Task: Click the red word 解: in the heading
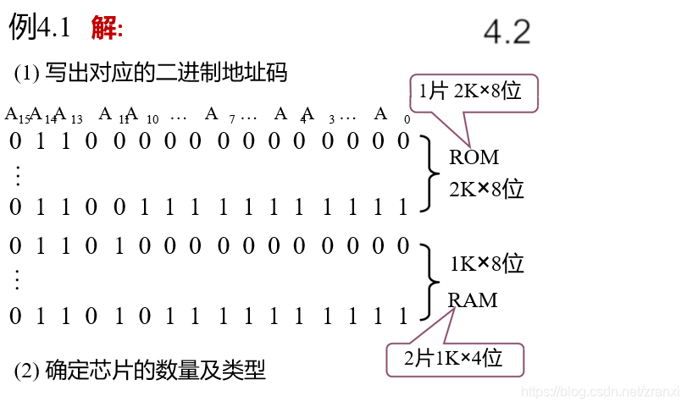(107, 28)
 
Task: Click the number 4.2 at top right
(507, 32)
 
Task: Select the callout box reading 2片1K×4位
(455, 359)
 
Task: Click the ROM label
(474, 157)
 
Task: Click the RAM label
(473, 300)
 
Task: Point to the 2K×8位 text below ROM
(486, 189)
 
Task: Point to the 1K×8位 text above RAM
(486, 264)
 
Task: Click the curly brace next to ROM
(429, 173)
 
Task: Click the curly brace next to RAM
(429, 280)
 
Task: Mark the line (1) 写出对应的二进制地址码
(151, 74)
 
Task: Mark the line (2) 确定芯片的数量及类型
(140, 370)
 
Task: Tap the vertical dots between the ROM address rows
(16, 174)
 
